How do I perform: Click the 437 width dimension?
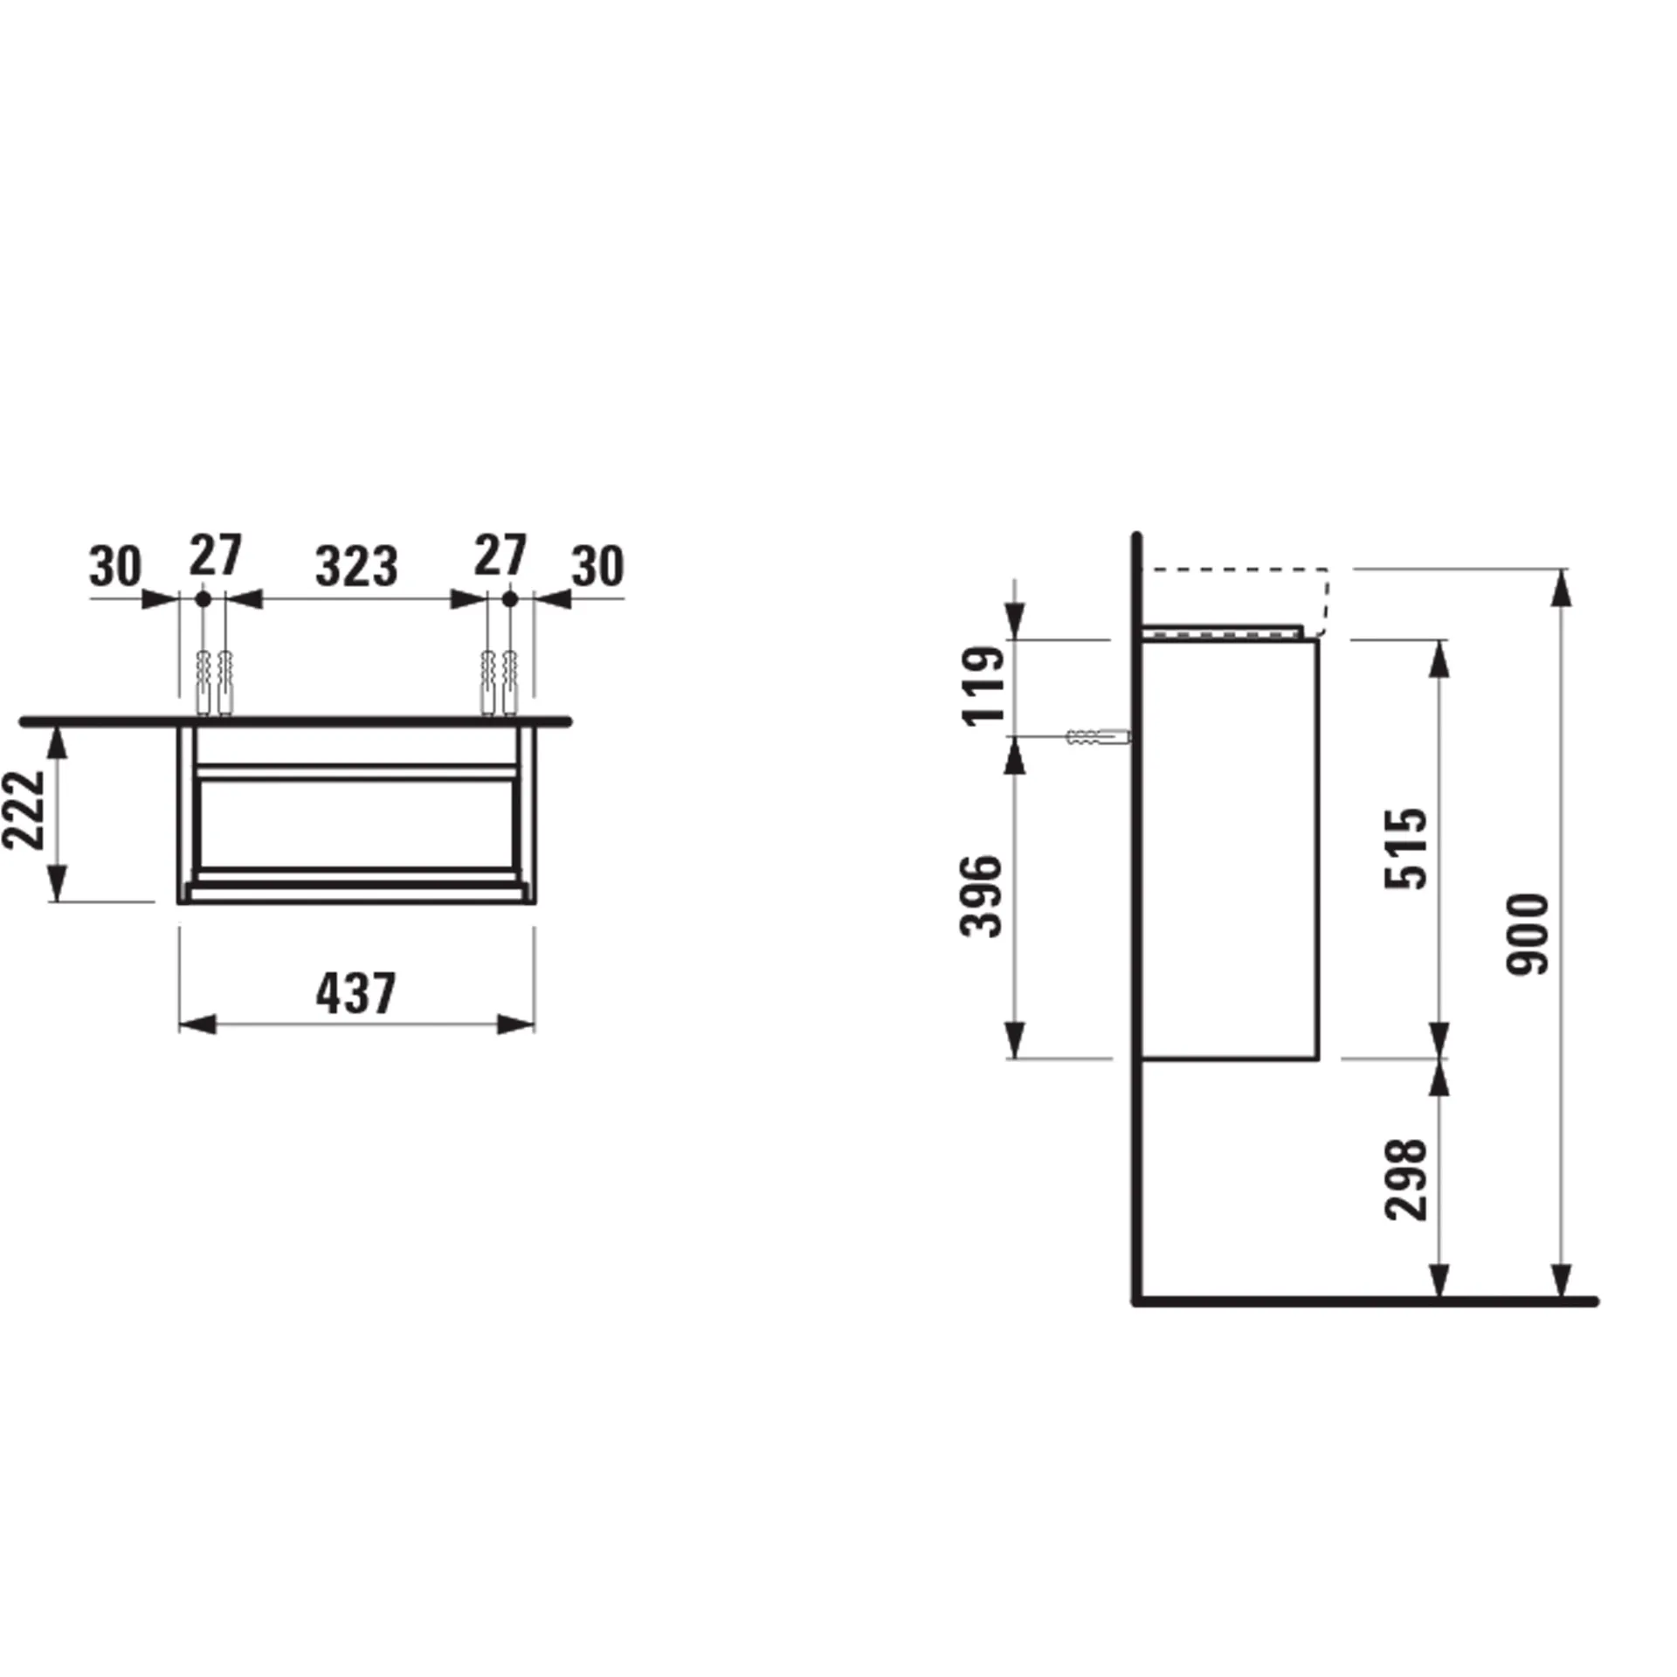tap(355, 993)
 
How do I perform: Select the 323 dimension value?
tap(356, 566)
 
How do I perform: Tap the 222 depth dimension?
tap(24, 810)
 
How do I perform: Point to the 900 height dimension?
tap(1528, 933)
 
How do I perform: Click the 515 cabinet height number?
tap(1405, 848)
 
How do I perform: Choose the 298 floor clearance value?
tap(1405, 1179)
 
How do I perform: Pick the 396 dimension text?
tap(981, 896)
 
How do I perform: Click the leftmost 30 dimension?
tap(114, 566)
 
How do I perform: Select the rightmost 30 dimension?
tap(597, 566)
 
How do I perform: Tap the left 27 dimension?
tap(215, 556)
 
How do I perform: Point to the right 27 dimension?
tap(500, 556)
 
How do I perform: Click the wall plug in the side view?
tap(1097, 737)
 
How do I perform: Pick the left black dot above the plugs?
tap(203, 599)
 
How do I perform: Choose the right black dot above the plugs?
tap(510, 599)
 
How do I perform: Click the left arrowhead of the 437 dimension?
tap(197, 1025)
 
